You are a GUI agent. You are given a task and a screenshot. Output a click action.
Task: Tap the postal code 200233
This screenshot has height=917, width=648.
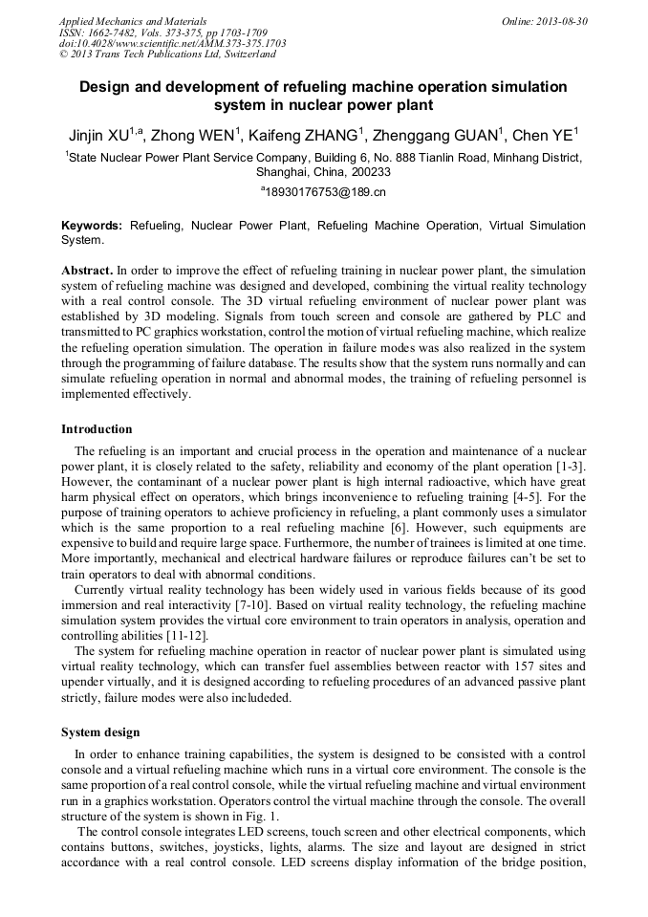pyautogui.click(x=371, y=172)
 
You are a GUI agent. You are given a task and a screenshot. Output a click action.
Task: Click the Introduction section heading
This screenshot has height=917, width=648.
pyautogui.click(x=97, y=429)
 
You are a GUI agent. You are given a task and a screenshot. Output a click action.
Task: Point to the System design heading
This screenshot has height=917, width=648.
pyautogui.click(x=100, y=732)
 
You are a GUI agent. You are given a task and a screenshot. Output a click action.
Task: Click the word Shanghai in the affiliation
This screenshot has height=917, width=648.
pyautogui.click(x=283, y=172)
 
